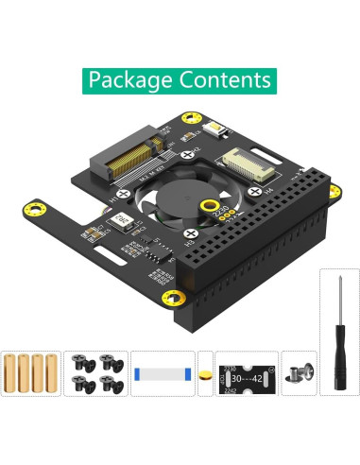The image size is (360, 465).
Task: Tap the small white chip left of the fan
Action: pyautogui.click(x=120, y=219)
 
